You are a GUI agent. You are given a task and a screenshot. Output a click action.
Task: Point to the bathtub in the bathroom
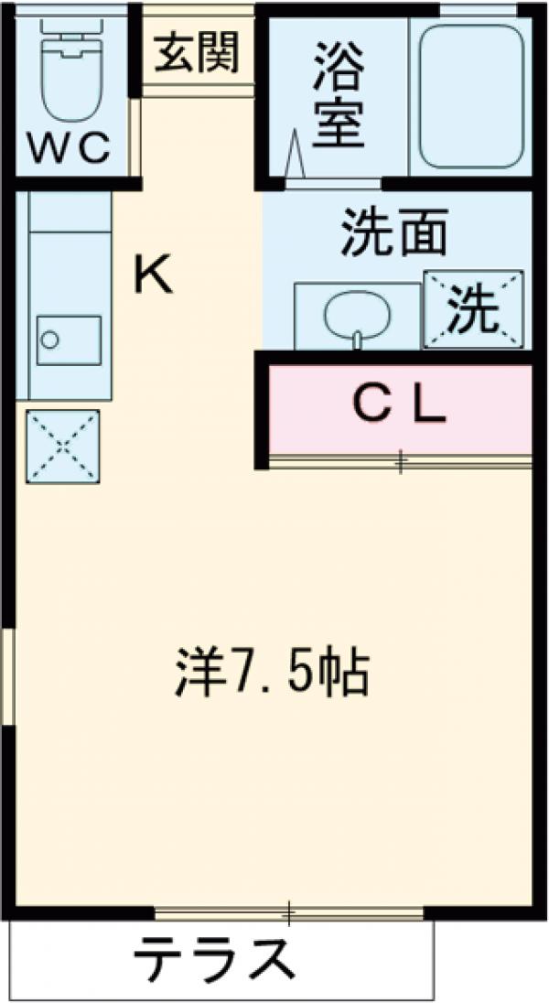coord(470,96)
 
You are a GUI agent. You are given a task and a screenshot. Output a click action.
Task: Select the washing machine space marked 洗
coord(473,310)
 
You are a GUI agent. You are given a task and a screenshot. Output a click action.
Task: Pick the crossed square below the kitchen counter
coord(62,446)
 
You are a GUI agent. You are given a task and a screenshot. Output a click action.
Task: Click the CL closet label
coord(400,406)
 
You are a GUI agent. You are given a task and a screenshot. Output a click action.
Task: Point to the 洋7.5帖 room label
coord(271,674)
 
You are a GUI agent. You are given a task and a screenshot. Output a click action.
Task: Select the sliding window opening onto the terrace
coord(289,911)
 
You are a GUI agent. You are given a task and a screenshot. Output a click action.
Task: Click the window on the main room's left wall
coord(7,677)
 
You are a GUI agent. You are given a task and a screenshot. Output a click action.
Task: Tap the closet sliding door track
coord(400,463)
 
